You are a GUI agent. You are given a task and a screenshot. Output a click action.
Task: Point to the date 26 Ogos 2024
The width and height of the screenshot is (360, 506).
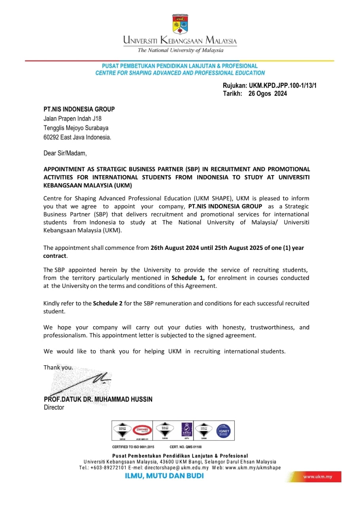(x=267, y=94)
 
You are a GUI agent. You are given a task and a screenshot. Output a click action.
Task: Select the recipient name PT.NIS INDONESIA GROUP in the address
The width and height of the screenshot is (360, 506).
(x=79, y=109)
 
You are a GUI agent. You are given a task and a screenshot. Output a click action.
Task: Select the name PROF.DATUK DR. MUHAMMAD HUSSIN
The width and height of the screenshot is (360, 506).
(x=98, y=399)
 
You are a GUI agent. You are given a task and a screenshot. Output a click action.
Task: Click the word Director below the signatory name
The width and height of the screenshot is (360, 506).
(x=54, y=407)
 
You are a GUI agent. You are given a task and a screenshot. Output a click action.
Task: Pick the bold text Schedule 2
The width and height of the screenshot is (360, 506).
(x=108, y=304)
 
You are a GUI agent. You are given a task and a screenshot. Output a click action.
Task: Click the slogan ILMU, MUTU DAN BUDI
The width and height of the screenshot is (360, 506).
(x=164, y=476)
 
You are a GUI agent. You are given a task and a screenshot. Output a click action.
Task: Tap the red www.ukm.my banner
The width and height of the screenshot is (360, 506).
(x=318, y=477)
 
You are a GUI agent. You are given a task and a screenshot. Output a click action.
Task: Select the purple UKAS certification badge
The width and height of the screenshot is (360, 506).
(x=186, y=429)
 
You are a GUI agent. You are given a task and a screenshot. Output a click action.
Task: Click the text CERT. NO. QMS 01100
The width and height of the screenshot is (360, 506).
(x=186, y=447)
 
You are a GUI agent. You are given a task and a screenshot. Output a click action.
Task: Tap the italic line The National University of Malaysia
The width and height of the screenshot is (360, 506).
(x=180, y=50)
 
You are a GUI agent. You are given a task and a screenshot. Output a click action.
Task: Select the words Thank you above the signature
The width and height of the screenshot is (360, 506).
(x=58, y=367)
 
